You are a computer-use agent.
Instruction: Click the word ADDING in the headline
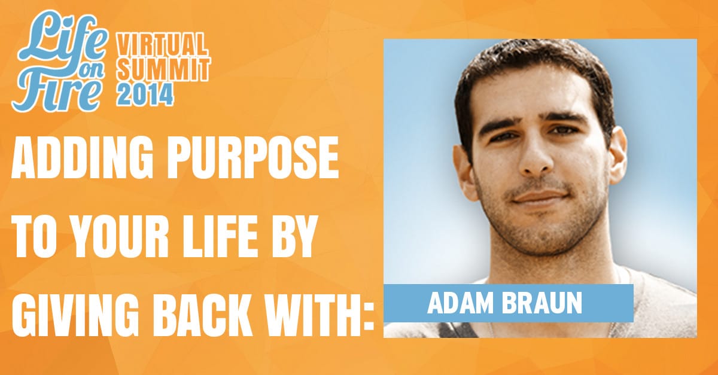[x=82, y=157]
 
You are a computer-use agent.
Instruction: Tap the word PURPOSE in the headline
[x=254, y=157]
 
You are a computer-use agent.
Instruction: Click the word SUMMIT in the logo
[x=163, y=69]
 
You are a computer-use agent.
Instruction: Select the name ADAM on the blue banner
[x=460, y=303]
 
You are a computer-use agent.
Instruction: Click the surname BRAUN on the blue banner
[x=542, y=303]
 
